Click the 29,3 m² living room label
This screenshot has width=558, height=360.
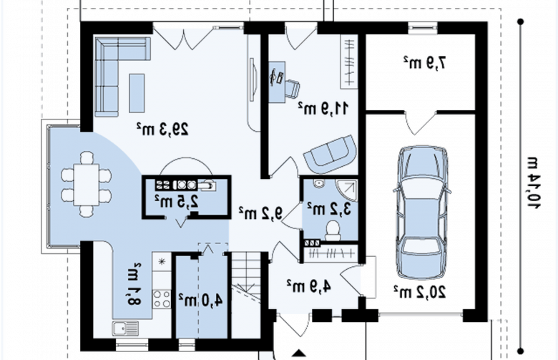click(162, 129)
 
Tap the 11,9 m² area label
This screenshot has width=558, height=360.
click(324, 108)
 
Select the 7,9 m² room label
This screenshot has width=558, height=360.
click(424, 63)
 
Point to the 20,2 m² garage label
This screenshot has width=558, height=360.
click(420, 292)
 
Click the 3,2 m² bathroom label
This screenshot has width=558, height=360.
click(329, 209)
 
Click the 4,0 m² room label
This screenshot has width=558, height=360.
click(201, 301)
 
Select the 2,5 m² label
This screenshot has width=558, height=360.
click(177, 202)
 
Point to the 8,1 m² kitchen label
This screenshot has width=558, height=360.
click(133, 284)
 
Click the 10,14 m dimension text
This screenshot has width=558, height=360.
click(533, 183)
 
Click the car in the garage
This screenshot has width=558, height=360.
click(422, 212)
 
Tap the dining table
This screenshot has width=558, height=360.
click(87, 185)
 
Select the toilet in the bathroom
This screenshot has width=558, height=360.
click(333, 230)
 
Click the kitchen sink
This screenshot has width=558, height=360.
click(125, 329)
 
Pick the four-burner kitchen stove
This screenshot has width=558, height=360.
click(162, 298)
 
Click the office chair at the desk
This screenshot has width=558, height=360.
click(292, 88)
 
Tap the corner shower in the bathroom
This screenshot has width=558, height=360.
click(347, 190)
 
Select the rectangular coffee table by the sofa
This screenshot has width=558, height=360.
click(137, 93)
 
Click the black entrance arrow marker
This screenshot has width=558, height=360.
click(299, 353)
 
